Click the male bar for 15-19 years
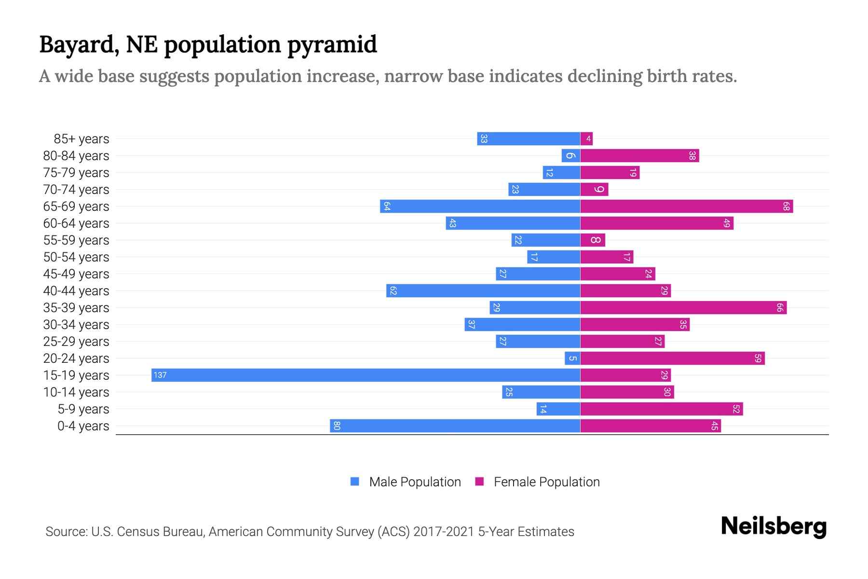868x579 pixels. pyautogui.click(x=366, y=375)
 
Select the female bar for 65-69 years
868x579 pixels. pyautogui.click(x=686, y=207)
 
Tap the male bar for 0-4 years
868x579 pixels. pyautogui.click(x=455, y=426)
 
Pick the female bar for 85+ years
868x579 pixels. pyautogui.click(x=586, y=139)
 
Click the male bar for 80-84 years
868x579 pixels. pyautogui.click(x=570, y=156)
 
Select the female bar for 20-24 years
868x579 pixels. pyautogui.click(x=672, y=358)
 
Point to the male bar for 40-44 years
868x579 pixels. pyautogui.click(x=483, y=291)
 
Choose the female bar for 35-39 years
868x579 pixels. pyautogui.click(x=683, y=308)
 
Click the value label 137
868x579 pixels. pyautogui.click(x=160, y=375)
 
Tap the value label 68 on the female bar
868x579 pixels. pyautogui.click(x=786, y=207)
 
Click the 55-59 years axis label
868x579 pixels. pyautogui.click(x=76, y=240)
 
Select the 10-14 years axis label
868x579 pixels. pyautogui.click(x=76, y=392)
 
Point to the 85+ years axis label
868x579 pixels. pyautogui.click(x=81, y=139)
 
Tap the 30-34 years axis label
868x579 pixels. pyautogui.click(x=76, y=325)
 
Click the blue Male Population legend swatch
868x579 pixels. pyautogui.click(x=355, y=482)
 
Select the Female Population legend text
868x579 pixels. pyautogui.click(x=546, y=482)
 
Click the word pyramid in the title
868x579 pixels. pyautogui.click(x=332, y=45)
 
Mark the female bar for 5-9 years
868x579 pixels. pyautogui.click(x=661, y=409)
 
